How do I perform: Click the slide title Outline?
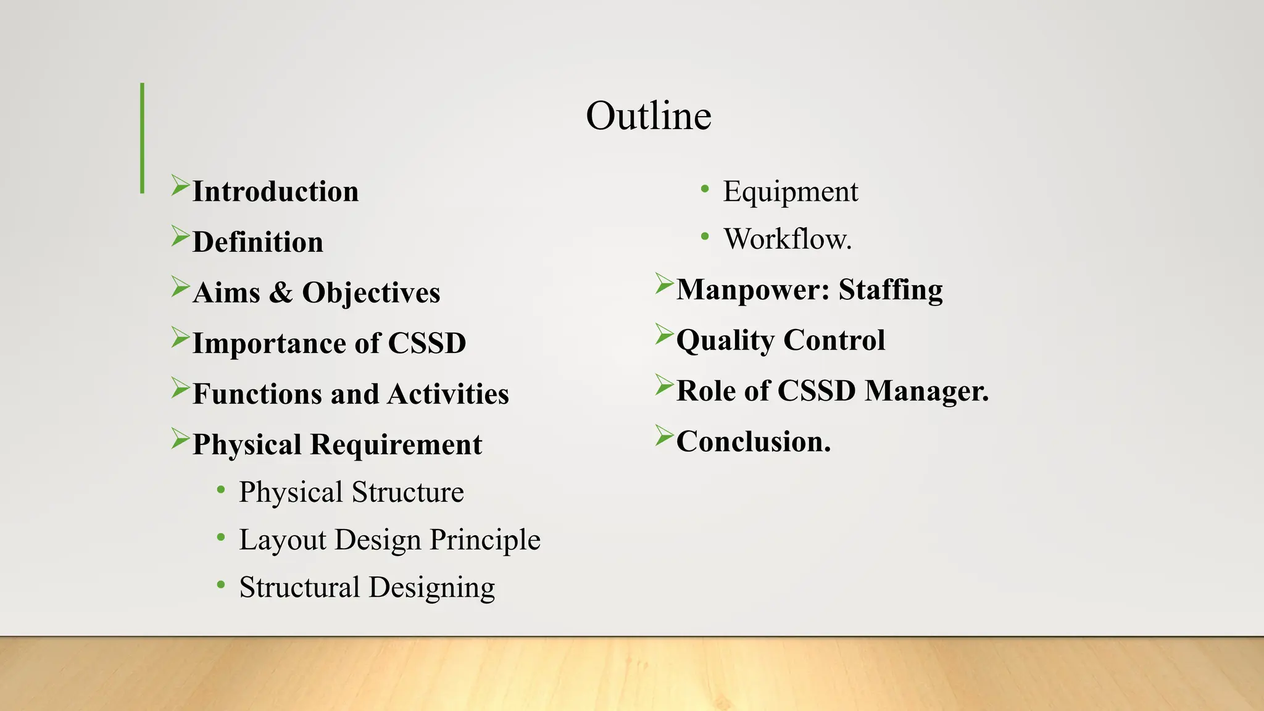[648, 116]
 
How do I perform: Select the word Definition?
[257, 243]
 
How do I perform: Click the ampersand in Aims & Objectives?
[281, 293]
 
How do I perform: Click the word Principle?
[485, 540]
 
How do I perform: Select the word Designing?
[431, 588]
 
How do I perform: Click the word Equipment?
[790, 192]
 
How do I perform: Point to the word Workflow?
[787, 239]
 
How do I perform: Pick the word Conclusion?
[753, 442]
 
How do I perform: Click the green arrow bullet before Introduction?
[180, 185]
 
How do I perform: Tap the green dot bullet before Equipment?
[705, 189]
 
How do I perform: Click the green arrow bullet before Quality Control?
[663, 334]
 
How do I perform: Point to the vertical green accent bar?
[143, 138]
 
